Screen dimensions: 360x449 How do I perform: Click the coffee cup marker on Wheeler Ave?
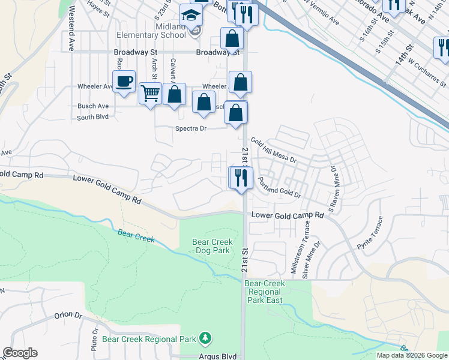(124, 82)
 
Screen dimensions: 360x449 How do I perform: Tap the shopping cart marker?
(150, 94)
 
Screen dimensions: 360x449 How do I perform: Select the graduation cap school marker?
(191, 16)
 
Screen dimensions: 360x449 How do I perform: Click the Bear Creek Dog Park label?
(211, 246)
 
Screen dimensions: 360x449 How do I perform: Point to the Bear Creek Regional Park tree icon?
(205, 338)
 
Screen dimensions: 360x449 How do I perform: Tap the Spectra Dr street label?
(190, 128)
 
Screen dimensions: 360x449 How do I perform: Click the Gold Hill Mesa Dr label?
(274, 149)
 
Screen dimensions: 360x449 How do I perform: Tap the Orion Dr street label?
(67, 314)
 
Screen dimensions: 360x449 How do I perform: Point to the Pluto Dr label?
(95, 340)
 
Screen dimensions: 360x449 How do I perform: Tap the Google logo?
(20, 353)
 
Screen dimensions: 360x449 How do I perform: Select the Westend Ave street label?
(71, 28)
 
